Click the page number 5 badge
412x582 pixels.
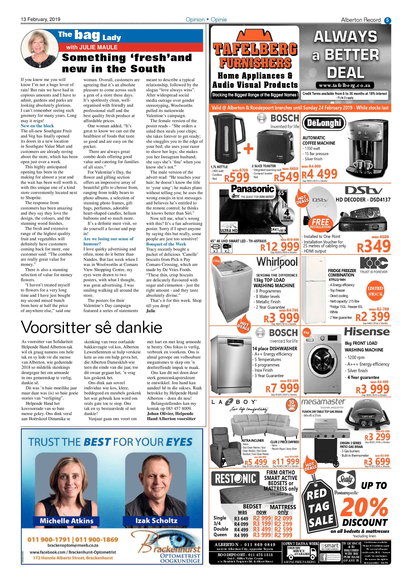tap(388, 20)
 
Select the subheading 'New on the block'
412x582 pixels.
tap(37, 126)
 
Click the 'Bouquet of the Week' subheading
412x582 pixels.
tap(166, 244)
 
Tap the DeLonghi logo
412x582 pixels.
tap(324, 123)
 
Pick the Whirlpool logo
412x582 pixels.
tap(277, 262)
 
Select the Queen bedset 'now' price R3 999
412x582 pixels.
tap(262, 535)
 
